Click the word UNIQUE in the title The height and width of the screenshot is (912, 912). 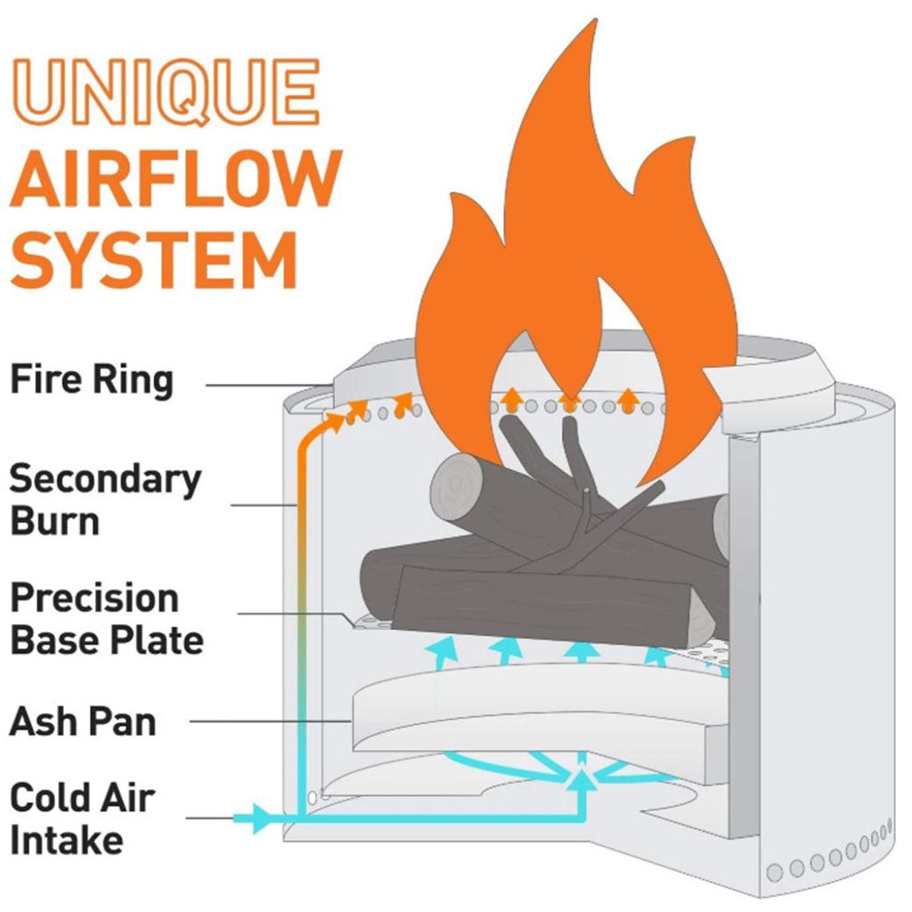tap(165, 92)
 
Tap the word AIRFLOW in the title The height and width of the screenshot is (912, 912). tap(175, 178)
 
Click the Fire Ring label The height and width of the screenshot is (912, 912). tap(91, 380)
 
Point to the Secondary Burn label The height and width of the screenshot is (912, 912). tap(104, 500)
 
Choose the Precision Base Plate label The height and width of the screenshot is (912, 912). tap(106, 619)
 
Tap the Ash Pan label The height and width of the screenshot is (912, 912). tap(82, 721)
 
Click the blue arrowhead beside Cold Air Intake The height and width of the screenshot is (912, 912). tap(260, 818)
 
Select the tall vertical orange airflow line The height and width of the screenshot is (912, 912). tap(300, 623)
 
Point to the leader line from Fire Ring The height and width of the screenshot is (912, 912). tap(267, 384)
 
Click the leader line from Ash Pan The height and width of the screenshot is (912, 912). tap(267, 721)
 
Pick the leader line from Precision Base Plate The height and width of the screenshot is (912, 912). tap(294, 613)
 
